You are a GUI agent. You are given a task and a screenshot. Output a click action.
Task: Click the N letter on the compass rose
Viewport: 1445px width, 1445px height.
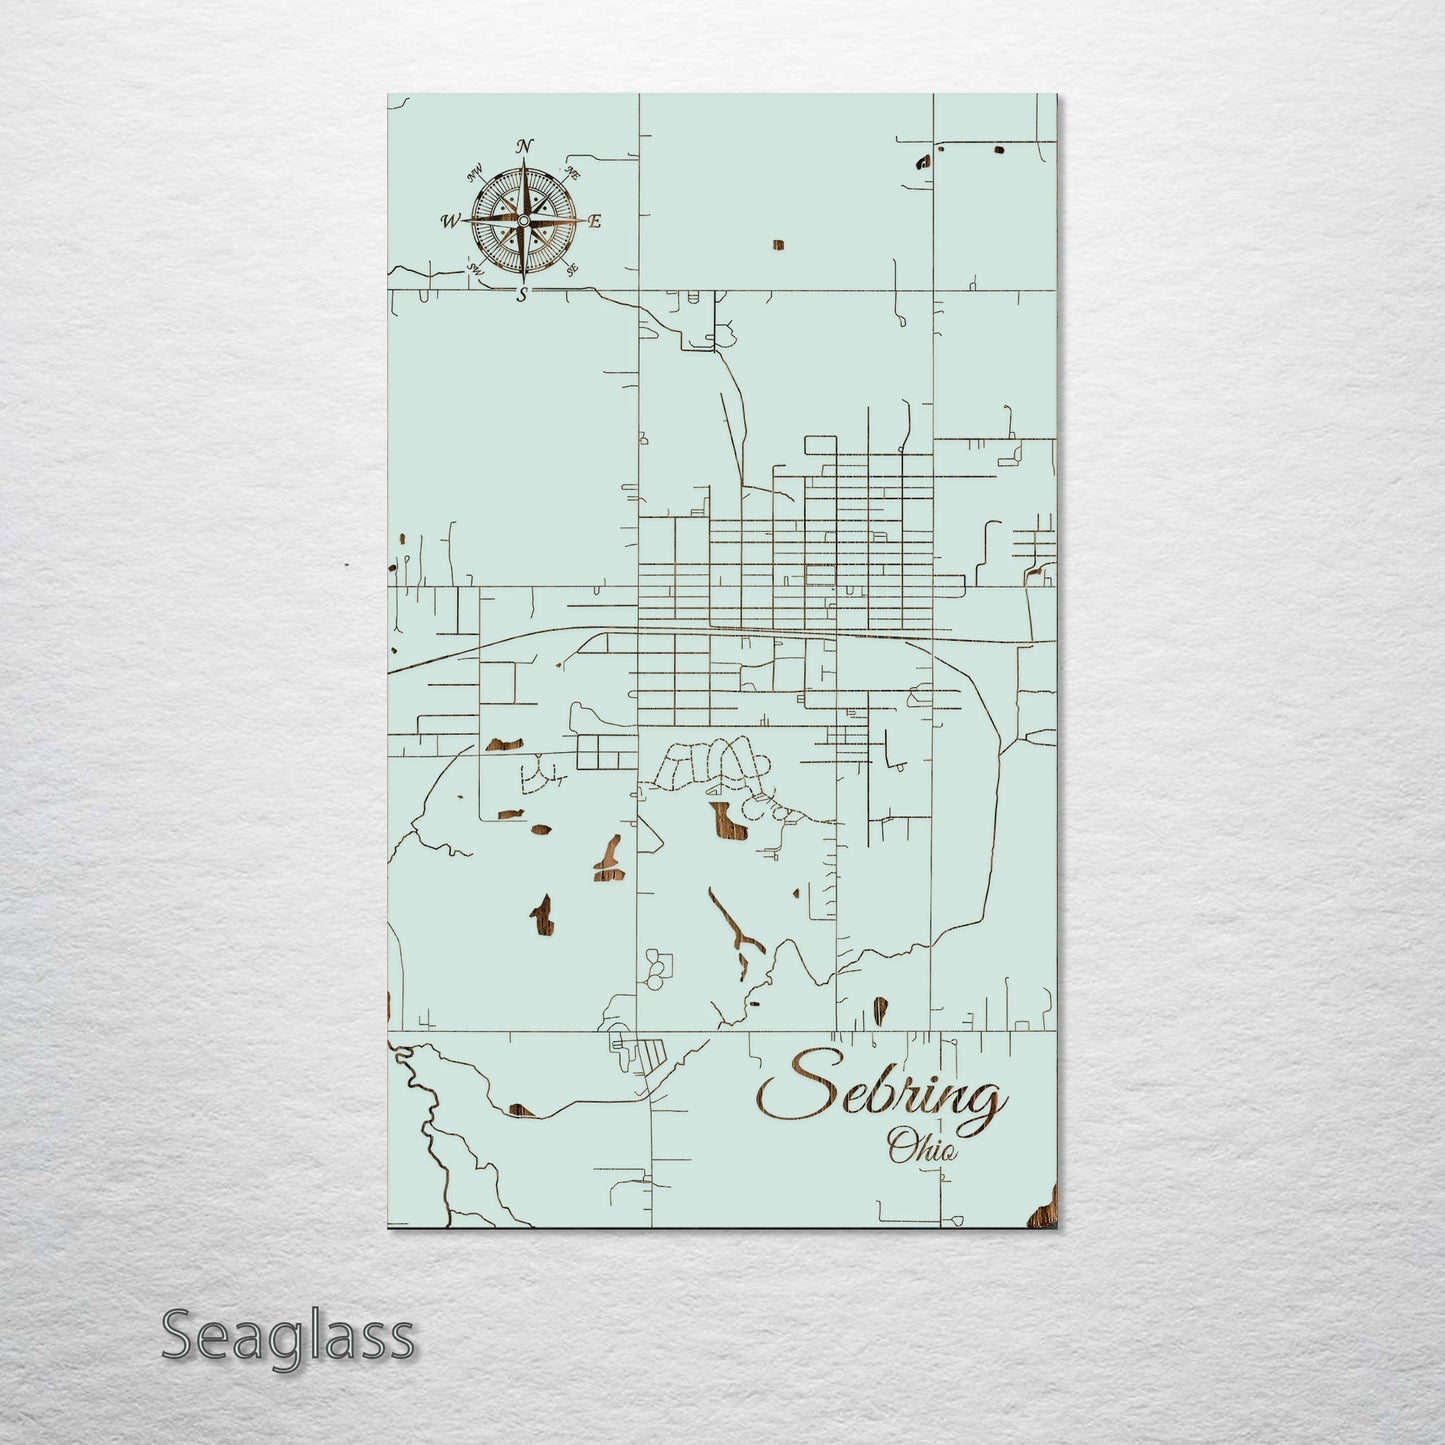[523, 148]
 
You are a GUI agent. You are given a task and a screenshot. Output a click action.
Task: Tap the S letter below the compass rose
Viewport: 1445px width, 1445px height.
[522, 293]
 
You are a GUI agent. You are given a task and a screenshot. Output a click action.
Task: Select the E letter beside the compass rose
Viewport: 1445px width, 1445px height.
[594, 222]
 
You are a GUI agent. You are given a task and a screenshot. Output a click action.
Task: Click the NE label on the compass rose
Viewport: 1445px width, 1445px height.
[573, 174]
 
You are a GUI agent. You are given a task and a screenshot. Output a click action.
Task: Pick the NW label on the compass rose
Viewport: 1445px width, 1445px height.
[474, 178]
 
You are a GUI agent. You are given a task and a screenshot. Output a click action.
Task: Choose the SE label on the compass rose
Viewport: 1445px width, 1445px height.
[571, 268]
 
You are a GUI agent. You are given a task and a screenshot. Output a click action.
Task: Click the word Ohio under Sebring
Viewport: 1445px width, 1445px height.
[921, 1146]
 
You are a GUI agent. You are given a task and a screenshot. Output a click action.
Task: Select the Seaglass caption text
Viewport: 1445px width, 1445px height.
[287, 1336]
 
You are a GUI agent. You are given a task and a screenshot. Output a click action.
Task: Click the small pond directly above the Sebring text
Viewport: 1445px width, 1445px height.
[879, 1009]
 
